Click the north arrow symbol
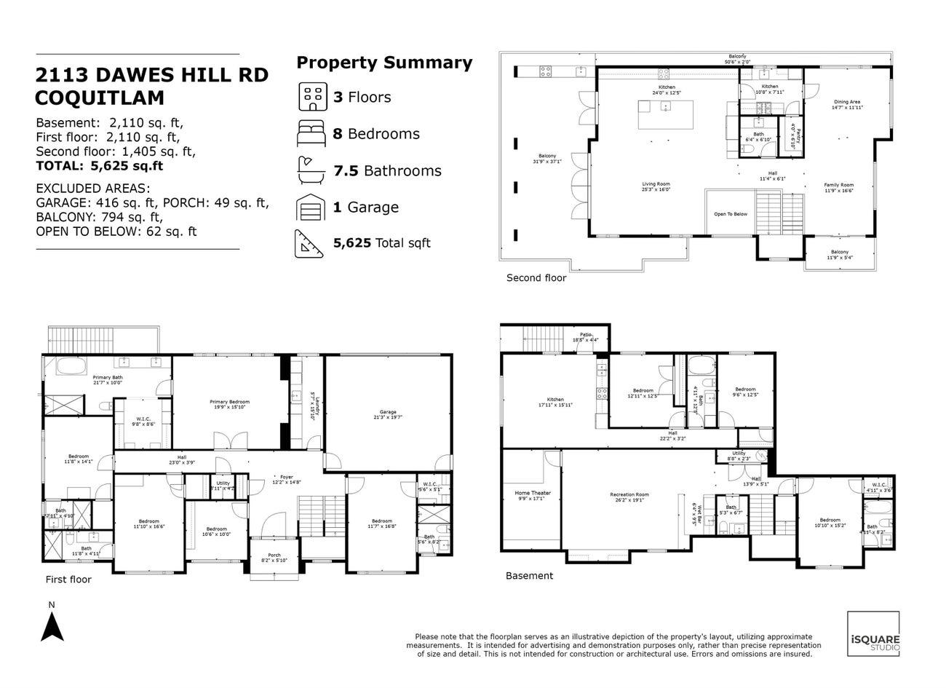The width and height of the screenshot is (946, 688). point(51,627)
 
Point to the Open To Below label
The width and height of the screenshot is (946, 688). point(730,214)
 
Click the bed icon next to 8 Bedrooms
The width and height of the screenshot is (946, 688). point(314,134)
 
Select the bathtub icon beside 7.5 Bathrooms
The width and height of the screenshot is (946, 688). point(314,170)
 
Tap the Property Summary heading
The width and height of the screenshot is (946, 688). point(384,63)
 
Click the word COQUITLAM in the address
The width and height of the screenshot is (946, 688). point(100,98)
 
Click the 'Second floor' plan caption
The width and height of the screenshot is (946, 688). point(536,277)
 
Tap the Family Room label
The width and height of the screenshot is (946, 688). point(838,187)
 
